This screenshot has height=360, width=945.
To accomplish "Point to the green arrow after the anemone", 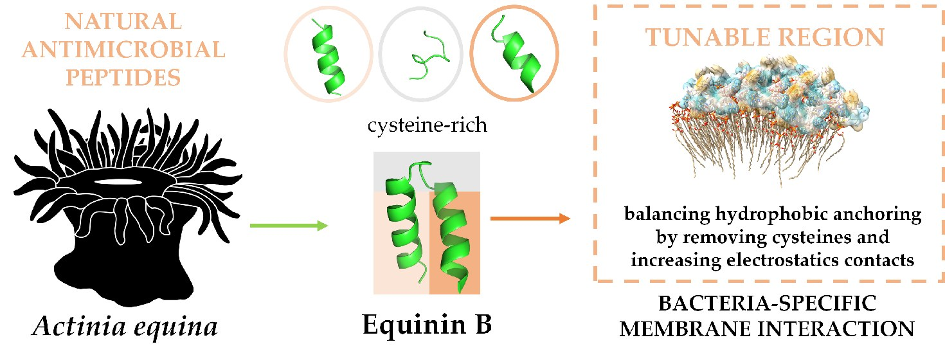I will pos(288,226).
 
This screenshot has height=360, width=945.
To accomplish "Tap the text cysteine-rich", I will pos(427,124).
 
